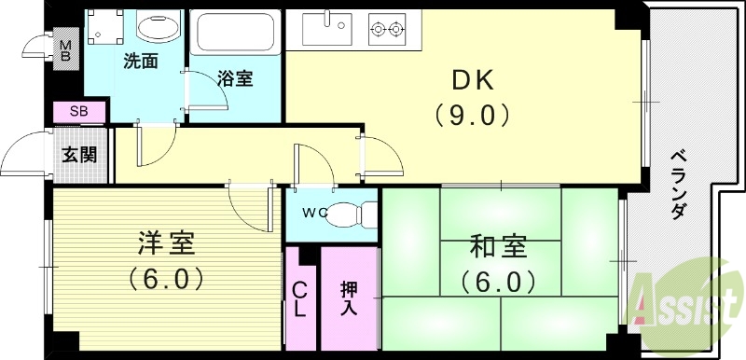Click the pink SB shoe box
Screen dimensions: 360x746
tap(78, 113)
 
